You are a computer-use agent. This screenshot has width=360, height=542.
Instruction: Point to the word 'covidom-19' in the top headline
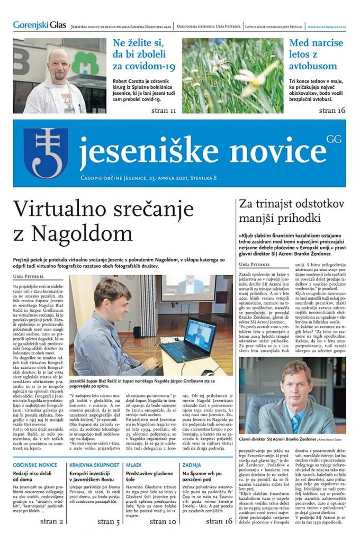[143, 66]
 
